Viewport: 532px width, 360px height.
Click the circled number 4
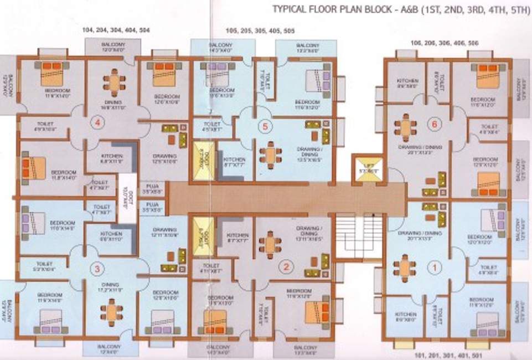97,124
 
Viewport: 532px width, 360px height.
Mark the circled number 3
97,270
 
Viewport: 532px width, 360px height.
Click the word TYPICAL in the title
291,9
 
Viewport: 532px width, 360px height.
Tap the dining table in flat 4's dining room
113,83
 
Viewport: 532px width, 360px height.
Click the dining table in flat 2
270,244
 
